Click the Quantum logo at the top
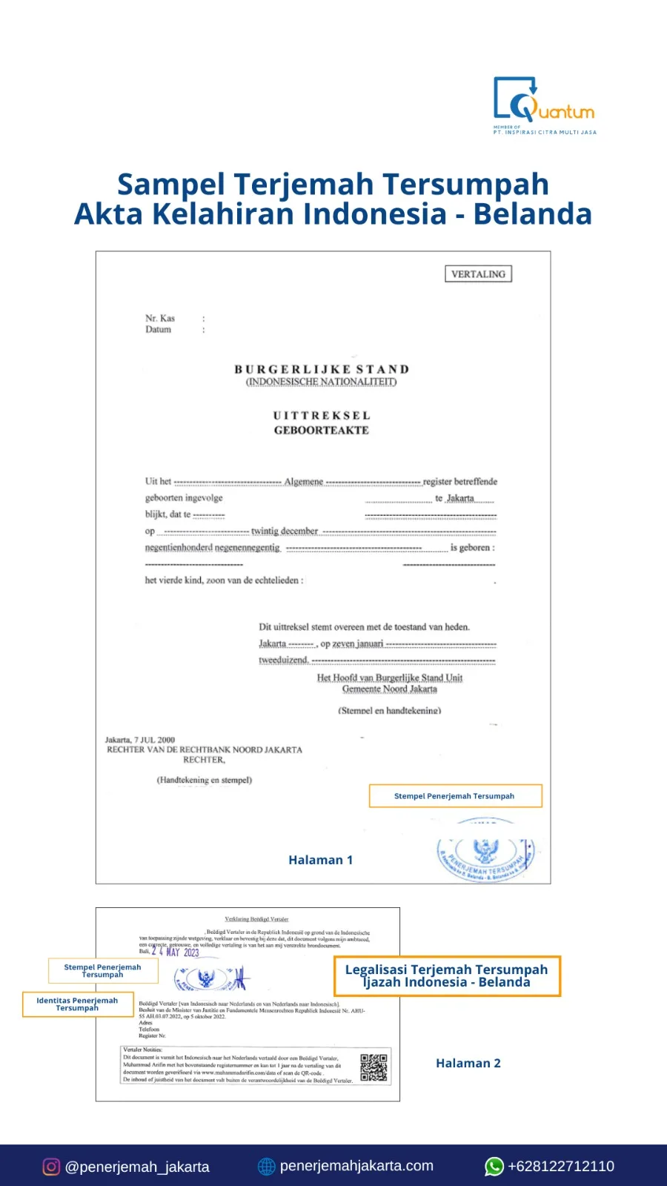pyautogui.click(x=544, y=104)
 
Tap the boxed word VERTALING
pyautogui.click(x=478, y=274)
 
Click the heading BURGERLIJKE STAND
pyautogui.click(x=322, y=369)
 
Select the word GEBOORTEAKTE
pyautogui.click(x=321, y=430)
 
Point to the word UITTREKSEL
pyautogui.click(x=321, y=416)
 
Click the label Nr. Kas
pyautogui.click(x=160, y=319)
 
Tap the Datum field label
pyautogui.click(x=158, y=330)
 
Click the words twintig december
pyautogui.click(x=284, y=531)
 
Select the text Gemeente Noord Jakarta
pyautogui.click(x=389, y=689)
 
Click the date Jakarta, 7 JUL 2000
pyautogui.click(x=140, y=740)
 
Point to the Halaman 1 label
pyautogui.click(x=320, y=860)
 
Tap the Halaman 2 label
pyautogui.click(x=468, y=1063)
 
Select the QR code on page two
pyautogui.click(x=374, y=1067)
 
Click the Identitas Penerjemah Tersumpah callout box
pyautogui.click(x=78, y=1004)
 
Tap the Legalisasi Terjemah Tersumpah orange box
pyautogui.click(x=447, y=976)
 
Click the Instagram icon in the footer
pyautogui.click(x=51, y=1167)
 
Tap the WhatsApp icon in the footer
pyautogui.click(x=494, y=1166)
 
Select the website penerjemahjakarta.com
pyautogui.click(x=356, y=1166)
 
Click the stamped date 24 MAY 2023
pyautogui.click(x=176, y=953)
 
